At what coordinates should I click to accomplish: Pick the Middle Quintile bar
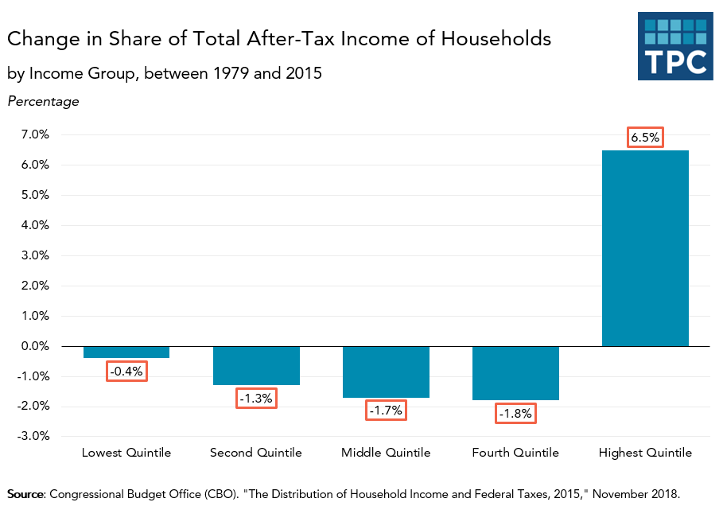386,372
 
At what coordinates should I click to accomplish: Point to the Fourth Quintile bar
515,373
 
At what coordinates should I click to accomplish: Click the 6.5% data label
645,138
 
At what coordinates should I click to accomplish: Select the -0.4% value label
126,371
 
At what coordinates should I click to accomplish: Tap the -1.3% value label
256,398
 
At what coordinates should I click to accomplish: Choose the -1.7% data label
386,411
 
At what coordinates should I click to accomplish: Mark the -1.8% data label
515,414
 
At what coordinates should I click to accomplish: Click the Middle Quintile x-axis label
386,453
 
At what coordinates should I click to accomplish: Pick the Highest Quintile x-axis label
645,453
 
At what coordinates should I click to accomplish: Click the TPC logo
674,46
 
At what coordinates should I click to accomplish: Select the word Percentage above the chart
43,101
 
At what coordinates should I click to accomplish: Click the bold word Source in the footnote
25,493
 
